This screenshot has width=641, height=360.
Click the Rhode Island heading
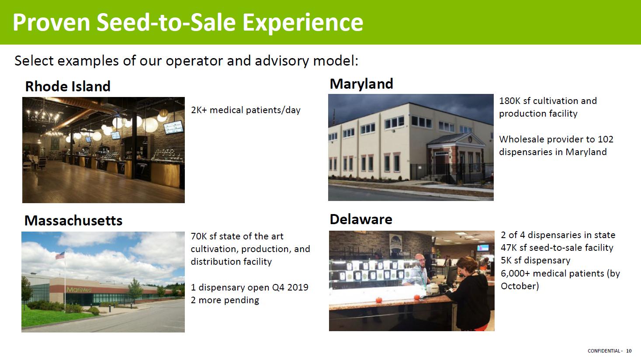[x=68, y=87]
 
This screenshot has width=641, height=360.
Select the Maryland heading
[x=361, y=84]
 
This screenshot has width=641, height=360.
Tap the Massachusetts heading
[x=73, y=221]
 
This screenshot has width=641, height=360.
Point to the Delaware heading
[x=361, y=219]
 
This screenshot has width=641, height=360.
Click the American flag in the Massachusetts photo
[x=60, y=255]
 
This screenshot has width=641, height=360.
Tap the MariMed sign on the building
[x=79, y=290]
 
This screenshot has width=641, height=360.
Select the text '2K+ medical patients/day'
[x=246, y=110]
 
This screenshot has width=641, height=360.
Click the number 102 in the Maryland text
[x=606, y=139]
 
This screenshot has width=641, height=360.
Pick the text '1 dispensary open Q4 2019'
[x=249, y=287]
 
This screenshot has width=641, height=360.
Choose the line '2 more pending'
[x=225, y=300]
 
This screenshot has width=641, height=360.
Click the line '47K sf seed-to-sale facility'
[x=557, y=248]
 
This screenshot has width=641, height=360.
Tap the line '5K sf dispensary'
[x=535, y=260]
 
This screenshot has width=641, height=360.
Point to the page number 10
[x=629, y=351]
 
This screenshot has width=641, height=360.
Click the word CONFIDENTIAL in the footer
[x=604, y=351]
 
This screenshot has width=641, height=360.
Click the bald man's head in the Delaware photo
[x=419, y=260]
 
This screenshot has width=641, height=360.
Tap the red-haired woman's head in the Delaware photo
[x=468, y=265]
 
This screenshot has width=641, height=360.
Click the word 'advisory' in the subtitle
[x=282, y=61]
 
